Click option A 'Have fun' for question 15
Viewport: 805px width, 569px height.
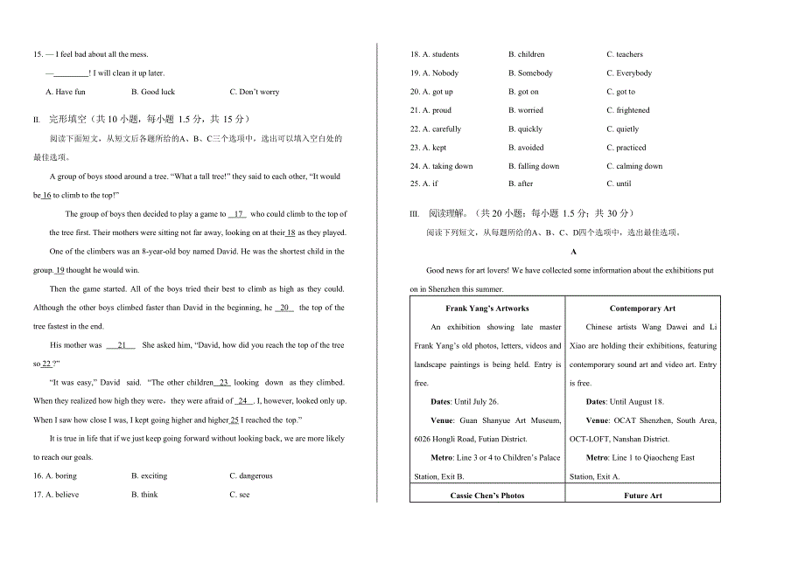(66, 92)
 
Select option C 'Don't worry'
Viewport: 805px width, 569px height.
(255, 92)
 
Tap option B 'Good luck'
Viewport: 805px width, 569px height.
(153, 92)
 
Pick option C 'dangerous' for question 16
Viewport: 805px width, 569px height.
(251, 476)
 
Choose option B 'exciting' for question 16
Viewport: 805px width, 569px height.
(149, 476)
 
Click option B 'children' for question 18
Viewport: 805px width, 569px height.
(527, 54)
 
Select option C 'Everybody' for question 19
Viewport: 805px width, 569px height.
(629, 73)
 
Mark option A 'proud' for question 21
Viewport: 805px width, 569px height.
(431, 110)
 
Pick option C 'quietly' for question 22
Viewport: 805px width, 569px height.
(623, 129)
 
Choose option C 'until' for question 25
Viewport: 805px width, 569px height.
(619, 184)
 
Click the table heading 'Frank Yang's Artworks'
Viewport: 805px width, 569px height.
(486, 309)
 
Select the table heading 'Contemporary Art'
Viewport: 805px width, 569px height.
(642, 309)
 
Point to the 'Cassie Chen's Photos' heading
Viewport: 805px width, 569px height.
(486, 496)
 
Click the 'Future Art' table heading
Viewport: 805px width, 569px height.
(642, 496)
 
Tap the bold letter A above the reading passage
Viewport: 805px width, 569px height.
(573, 252)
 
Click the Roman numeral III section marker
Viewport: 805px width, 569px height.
(415, 214)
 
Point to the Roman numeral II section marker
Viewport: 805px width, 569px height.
(37, 120)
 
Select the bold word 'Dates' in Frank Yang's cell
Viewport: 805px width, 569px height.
(441, 402)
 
